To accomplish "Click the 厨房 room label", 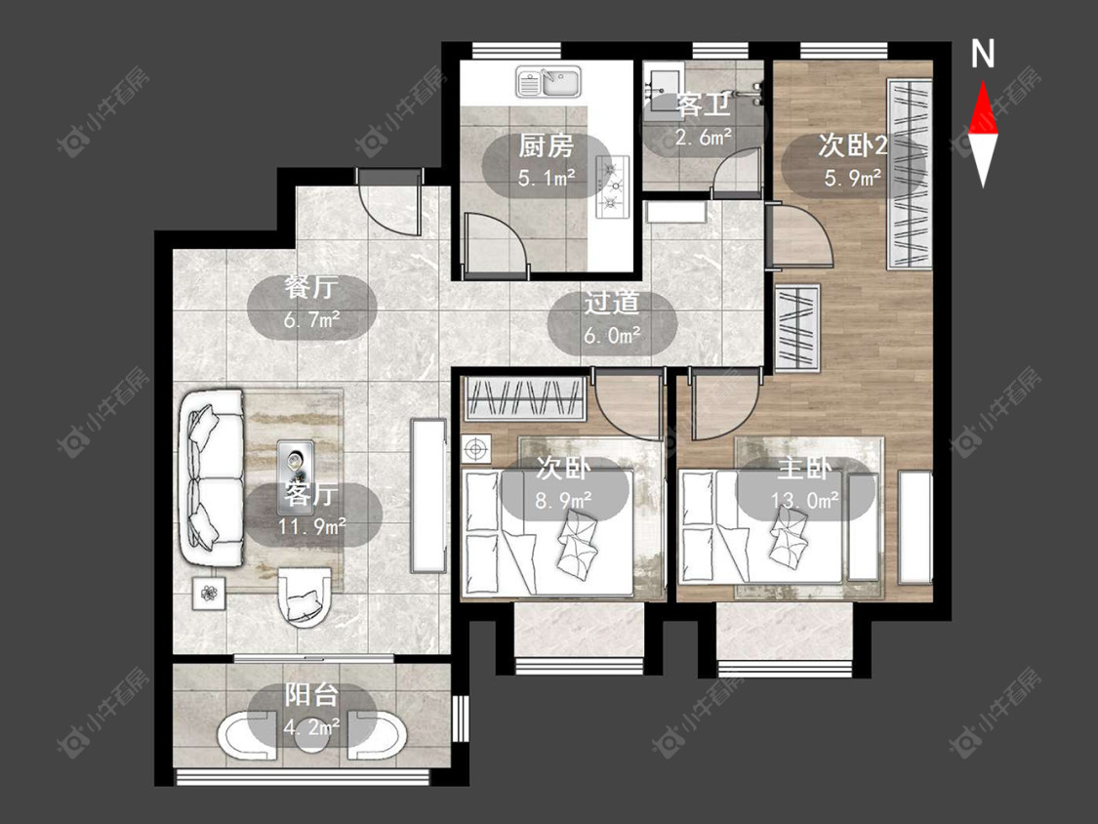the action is tap(547, 146).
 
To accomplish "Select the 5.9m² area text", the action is tap(852, 178).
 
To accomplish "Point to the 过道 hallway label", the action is tap(612, 304).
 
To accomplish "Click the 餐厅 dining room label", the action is tap(311, 287).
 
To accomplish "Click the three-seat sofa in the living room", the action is tap(212, 479).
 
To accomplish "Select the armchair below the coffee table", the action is tap(304, 597).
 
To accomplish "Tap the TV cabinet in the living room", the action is tap(428, 495).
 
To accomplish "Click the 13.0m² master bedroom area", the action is tap(804, 500).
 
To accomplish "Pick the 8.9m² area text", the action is tap(563, 500).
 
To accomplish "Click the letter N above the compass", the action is tap(983, 54).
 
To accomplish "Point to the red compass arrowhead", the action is tap(983, 106).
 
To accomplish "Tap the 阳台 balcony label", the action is tap(311, 695).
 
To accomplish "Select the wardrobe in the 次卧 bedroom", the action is tap(525, 398).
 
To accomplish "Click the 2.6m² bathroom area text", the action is tap(703, 138).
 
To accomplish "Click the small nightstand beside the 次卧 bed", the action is tap(476, 449).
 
